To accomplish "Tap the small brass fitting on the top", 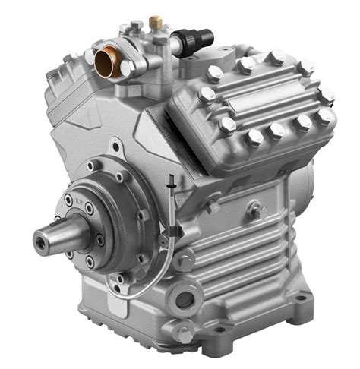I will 156,22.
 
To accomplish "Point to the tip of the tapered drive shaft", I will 39,242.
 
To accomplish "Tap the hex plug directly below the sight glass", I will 185,332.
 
